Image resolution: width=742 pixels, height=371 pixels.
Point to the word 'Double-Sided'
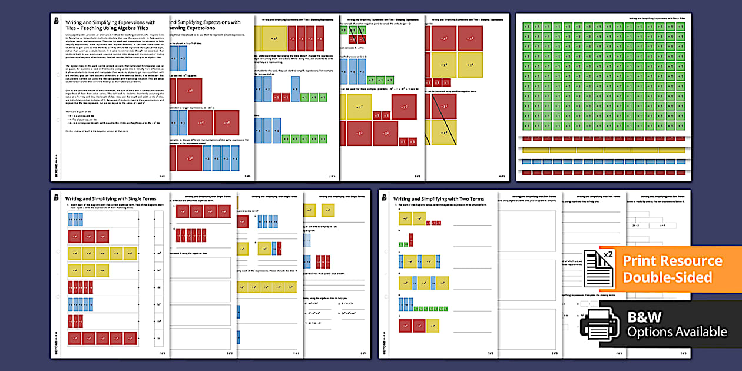tap(668, 277)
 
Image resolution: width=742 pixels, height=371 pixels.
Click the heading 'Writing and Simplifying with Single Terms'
tap(112, 199)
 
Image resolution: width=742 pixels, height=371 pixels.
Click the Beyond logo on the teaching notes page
tap(55, 22)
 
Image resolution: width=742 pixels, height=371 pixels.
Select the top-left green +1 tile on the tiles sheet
tap(528, 26)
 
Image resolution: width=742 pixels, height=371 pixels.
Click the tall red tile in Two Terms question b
tap(411, 239)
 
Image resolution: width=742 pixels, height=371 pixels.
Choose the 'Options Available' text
tap(677, 332)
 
